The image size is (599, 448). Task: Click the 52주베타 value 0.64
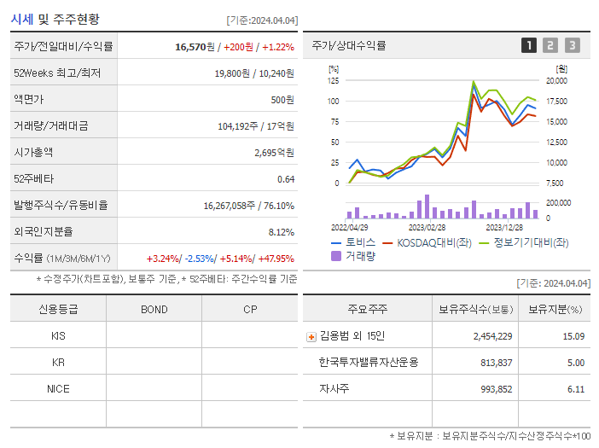[x=286, y=179]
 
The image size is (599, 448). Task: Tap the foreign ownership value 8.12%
[x=281, y=232]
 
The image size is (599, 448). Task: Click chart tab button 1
[x=529, y=45]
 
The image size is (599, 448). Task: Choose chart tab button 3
[x=572, y=45]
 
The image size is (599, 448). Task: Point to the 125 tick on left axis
[x=333, y=81]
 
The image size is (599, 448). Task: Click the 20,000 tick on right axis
[x=555, y=81]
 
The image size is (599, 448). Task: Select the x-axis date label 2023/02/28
[x=427, y=228]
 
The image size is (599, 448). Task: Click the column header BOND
[x=154, y=309]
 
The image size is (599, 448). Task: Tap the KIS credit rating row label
[x=58, y=336]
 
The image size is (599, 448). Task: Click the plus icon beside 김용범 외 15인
[x=311, y=337]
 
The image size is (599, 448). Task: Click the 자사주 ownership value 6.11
[x=575, y=389]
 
